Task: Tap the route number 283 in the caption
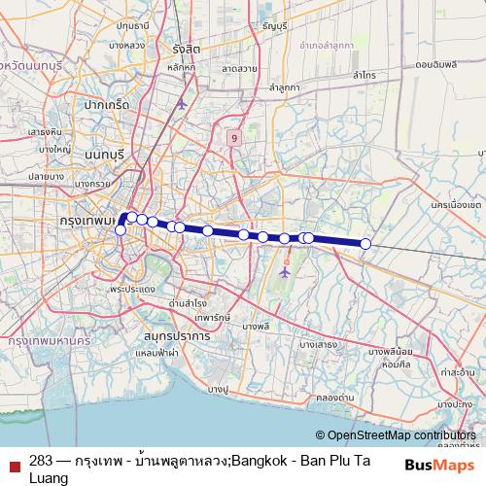point(41,461)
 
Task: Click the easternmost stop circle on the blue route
point(366,244)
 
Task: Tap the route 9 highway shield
point(234,138)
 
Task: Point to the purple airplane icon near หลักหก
point(181,104)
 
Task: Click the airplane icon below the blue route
point(284,271)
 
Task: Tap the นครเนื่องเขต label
point(455,206)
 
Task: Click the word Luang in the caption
point(49,478)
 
